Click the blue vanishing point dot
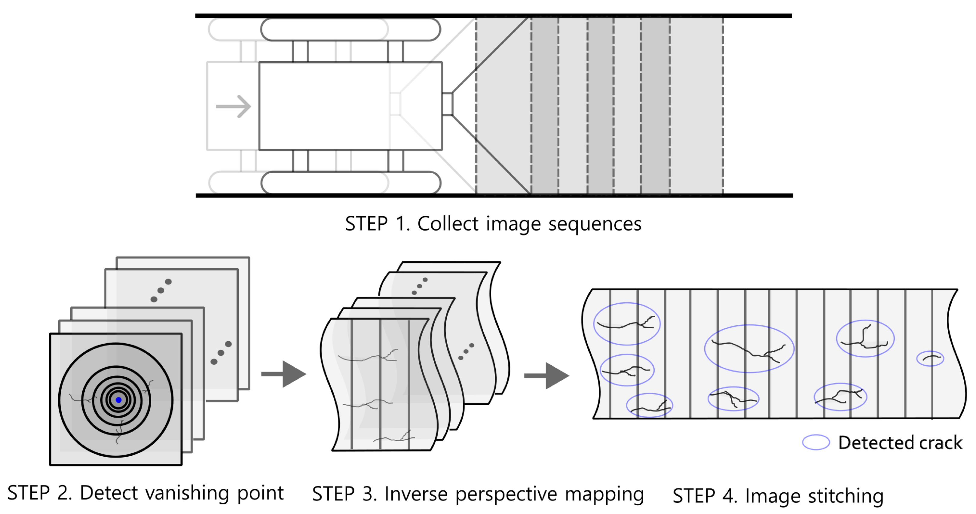pyautogui.click(x=119, y=400)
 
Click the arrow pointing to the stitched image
pyautogui.click(x=547, y=376)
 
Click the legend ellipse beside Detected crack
pyautogui.click(x=816, y=442)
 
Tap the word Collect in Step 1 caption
pyautogui.click(x=448, y=224)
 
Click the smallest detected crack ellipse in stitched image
pyautogui.click(x=930, y=358)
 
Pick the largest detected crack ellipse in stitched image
pyautogui.click(x=749, y=348)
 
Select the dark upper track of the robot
pyautogui.click(x=350, y=29)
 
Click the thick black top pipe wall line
pyautogui.click(x=493, y=16)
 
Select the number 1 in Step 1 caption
pyautogui.click(x=401, y=224)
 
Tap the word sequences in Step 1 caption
pyautogui.click(x=595, y=224)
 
